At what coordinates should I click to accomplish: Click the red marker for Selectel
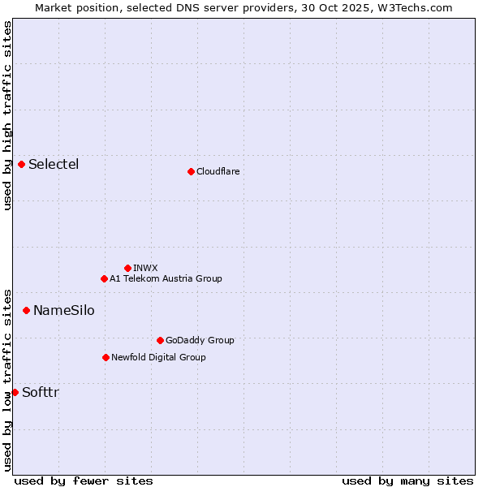[x=22, y=164]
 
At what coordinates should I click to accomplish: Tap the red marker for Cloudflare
[x=191, y=171]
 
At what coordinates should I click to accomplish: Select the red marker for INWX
[x=127, y=268]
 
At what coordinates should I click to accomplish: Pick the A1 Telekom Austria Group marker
[x=104, y=278]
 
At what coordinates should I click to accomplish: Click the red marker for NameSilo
[x=26, y=310]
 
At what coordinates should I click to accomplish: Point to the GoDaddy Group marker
[x=160, y=340]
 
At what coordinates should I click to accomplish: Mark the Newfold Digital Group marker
[x=106, y=357]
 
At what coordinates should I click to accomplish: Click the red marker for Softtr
[x=15, y=392]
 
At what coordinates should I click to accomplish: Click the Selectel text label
[x=54, y=164]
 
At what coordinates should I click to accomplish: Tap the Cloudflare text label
[x=218, y=171]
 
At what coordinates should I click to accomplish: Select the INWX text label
[x=145, y=268]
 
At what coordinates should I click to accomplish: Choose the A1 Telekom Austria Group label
[x=166, y=278]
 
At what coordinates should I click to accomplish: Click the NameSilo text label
[x=63, y=310]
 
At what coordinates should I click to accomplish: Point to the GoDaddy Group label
[x=200, y=340]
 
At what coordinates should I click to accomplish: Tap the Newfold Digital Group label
[x=158, y=357]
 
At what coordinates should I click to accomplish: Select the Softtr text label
[x=41, y=392]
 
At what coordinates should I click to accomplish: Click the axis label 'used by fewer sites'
[x=84, y=481]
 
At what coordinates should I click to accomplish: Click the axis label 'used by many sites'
[x=407, y=481]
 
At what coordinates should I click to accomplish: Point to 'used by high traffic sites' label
[x=7, y=115]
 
